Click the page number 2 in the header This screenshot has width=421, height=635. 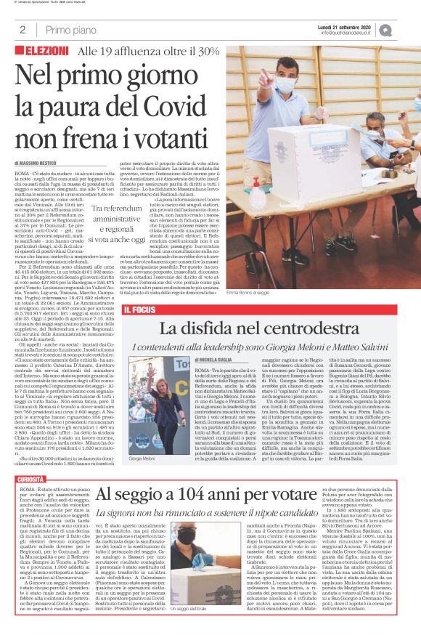23,30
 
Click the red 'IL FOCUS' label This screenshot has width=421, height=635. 142,311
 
